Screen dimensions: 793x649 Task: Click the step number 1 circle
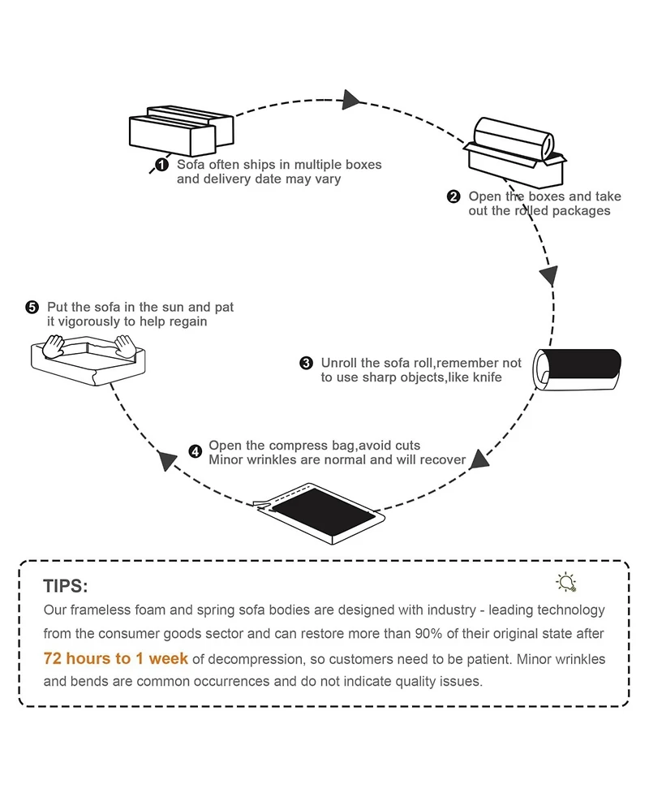tap(161, 165)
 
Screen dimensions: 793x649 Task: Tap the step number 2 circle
tap(453, 196)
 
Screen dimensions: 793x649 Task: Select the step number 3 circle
tap(306, 363)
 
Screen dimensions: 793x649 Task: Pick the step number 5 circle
tap(32, 307)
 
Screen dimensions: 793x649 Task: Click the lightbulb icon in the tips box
tap(565, 582)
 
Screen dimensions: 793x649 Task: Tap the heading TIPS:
tap(65, 586)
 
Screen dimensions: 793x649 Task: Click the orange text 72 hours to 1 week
tap(115, 658)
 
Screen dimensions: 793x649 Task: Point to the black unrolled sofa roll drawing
tap(578, 371)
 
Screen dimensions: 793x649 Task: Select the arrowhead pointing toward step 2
tap(350, 99)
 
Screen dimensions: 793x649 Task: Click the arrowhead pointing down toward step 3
tap(550, 276)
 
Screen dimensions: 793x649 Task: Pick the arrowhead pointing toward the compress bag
tap(480, 459)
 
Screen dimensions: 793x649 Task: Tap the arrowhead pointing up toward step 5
tap(168, 460)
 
